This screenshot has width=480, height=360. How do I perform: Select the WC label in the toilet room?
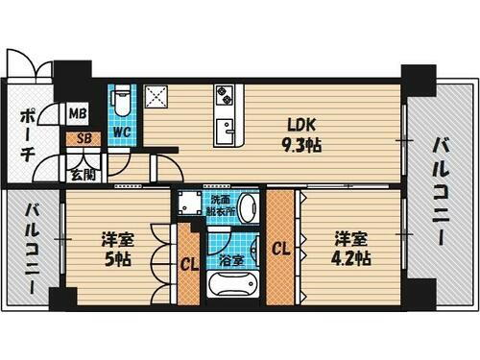tap(122, 132)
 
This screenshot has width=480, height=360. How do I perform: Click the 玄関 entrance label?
tap(82, 175)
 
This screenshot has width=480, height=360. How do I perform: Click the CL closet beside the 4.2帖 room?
tap(281, 248)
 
